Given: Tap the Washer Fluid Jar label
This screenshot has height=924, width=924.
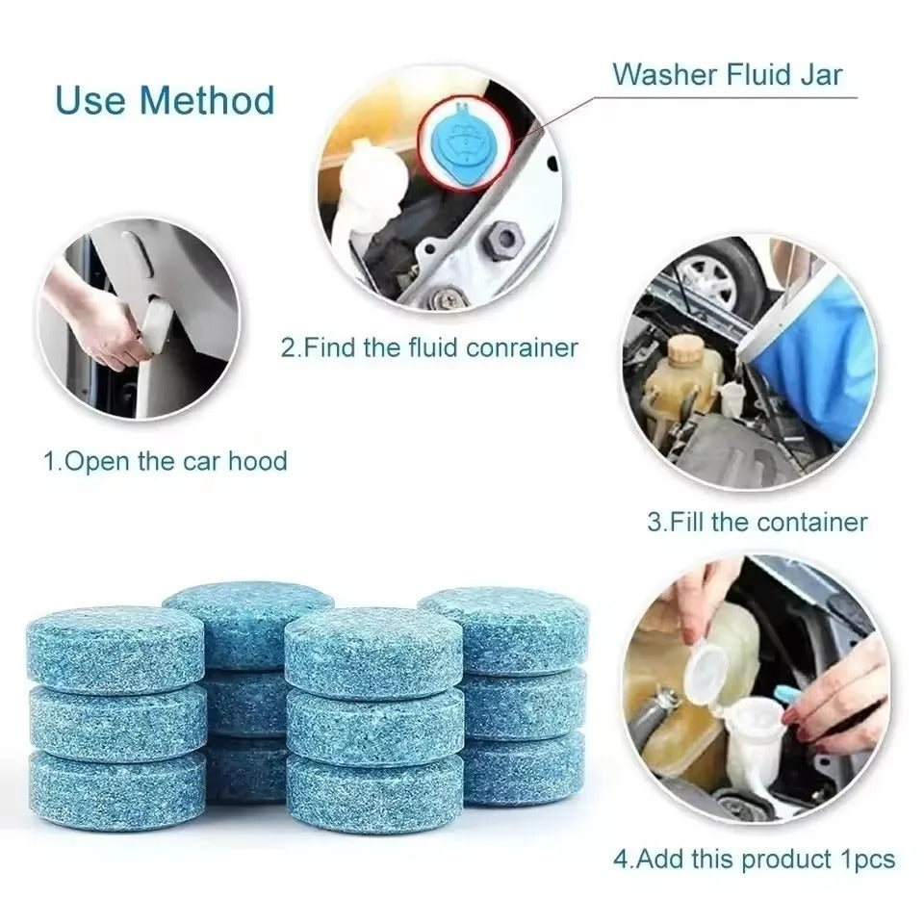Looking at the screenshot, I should (727, 74).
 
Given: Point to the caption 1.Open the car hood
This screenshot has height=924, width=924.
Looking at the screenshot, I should (165, 461).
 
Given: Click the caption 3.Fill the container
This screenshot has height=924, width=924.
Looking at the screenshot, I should (757, 523).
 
